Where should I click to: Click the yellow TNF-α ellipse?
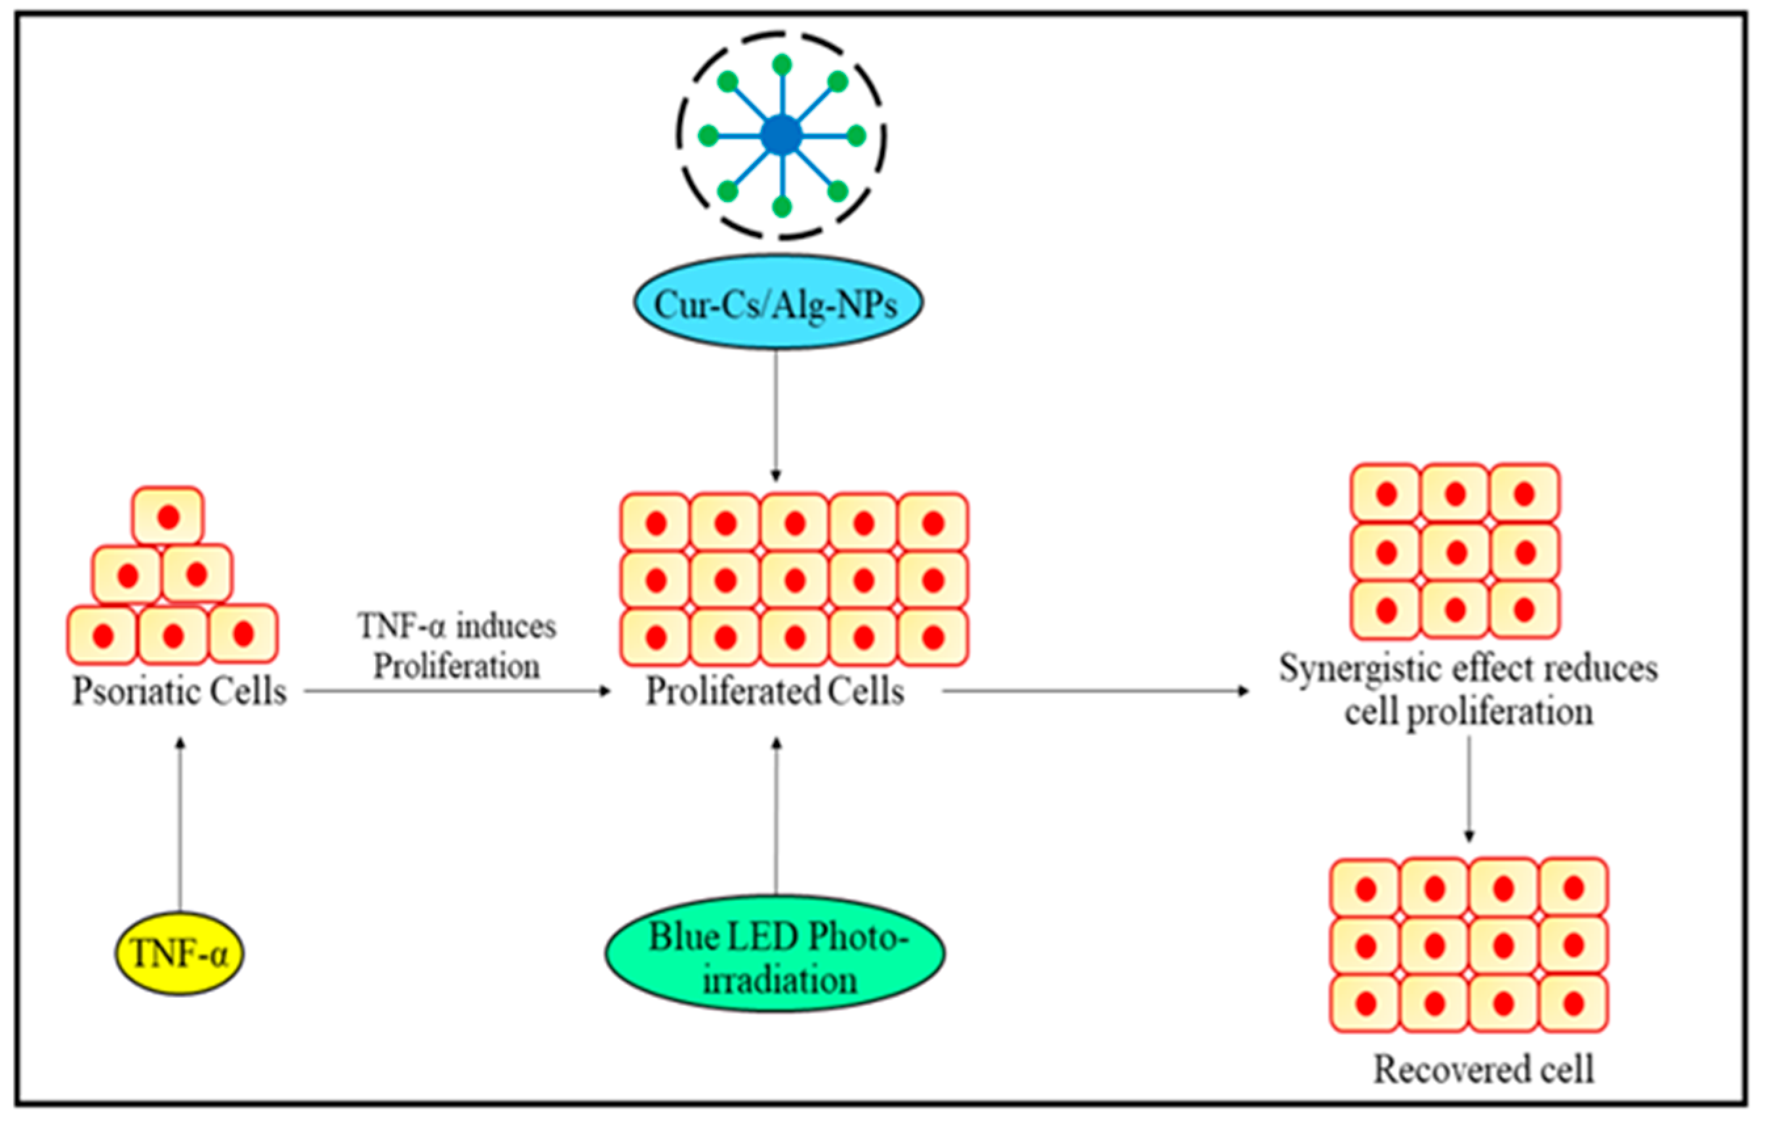[179, 953]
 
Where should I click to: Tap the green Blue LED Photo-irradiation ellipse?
[775, 953]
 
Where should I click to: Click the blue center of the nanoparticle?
[782, 136]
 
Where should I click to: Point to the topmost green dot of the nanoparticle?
[782, 64]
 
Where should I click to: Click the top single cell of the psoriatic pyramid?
[168, 516]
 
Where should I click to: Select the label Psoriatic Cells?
[179, 690]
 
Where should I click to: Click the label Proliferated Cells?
[775, 690]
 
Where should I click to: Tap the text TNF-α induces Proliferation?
[457, 646]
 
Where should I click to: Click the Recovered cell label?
[1483, 1069]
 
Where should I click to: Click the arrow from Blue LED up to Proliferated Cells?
[776, 814]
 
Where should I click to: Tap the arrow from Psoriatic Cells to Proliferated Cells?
[456, 690]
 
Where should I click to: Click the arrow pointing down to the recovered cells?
[1469, 788]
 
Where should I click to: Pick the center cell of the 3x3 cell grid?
[1455, 552]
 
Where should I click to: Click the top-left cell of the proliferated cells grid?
[655, 523]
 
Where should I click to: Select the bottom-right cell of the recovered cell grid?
[1573, 1003]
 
